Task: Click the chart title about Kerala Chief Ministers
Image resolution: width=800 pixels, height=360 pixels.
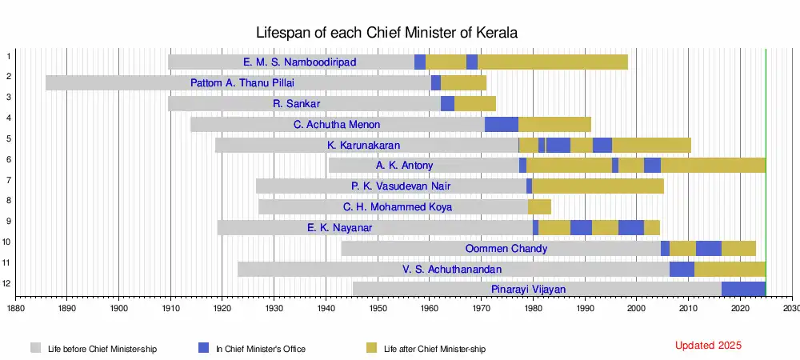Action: (386, 33)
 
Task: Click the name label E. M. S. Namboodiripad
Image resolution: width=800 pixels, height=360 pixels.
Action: (300, 62)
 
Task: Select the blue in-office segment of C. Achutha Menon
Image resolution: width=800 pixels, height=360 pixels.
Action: (502, 124)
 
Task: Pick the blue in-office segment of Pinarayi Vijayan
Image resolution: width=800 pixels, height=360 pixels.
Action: (743, 289)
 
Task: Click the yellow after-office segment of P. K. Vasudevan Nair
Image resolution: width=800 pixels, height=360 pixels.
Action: (598, 186)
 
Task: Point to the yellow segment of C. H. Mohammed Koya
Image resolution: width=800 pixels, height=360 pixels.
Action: (539, 207)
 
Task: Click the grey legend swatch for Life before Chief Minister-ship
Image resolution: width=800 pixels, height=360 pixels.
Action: (36, 348)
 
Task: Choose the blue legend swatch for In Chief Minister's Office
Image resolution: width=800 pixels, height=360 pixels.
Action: (203, 348)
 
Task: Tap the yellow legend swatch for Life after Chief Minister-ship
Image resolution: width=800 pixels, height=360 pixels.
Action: (371, 348)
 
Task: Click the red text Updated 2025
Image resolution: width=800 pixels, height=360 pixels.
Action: (708, 346)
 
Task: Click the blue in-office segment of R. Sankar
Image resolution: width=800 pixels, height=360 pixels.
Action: (448, 103)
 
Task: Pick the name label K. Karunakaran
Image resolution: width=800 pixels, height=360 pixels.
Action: (364, 145)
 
